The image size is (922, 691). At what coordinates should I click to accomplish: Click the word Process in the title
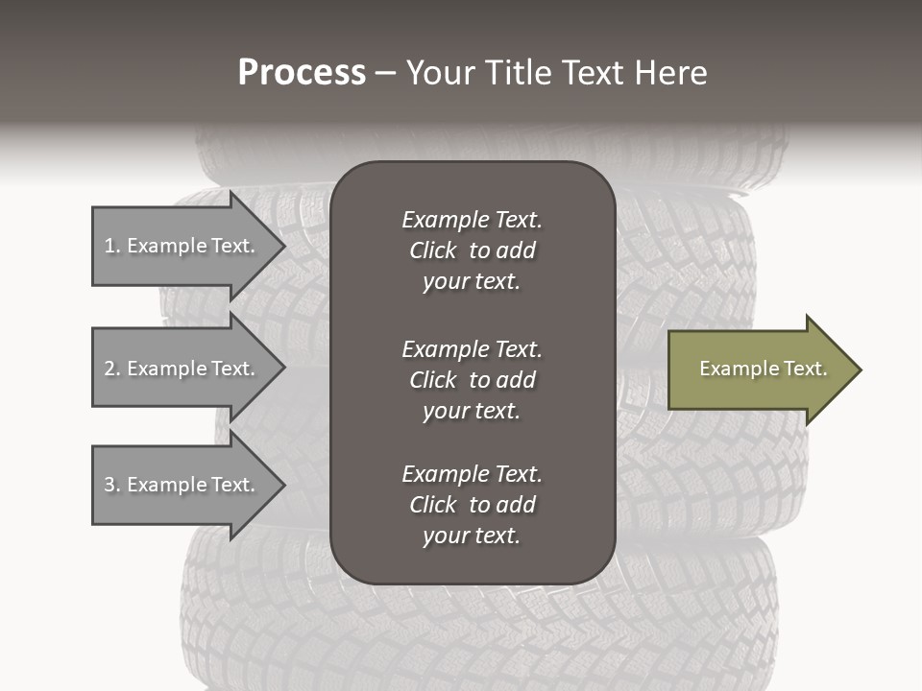pyautogui.click(x=302, y=73)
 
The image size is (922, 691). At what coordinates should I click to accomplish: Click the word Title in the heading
pyautogui.click(x=518, y=73)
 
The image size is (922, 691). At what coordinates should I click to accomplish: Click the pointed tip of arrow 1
pyautogui.click(x=282, y=246)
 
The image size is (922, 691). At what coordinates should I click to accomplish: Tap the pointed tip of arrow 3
pyautogui.click(x=282, y=485)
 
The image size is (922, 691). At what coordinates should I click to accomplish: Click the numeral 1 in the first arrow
pyautogui.click(x=109, y=246)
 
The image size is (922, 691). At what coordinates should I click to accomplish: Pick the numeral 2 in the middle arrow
pyautogui.click(x=109, y=369)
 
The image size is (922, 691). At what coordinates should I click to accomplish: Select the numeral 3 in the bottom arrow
pyautogui.click(x=109, y=485)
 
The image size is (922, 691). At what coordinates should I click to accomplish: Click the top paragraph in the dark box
pyautogui.click(x=472, y=250)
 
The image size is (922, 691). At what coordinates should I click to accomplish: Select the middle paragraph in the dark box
pyautogui.click(x=472, y=380)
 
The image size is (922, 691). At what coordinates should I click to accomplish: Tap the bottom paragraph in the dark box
pyautogui.click(x=472, y=505)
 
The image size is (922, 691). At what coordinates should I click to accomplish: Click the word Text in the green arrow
pyautogui.click(x=805, y=369)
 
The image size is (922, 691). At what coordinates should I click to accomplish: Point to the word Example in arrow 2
pyautogui.click(x=165, y=369)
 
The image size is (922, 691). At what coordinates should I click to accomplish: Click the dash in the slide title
pyautogui.click(x=385, y=74)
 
